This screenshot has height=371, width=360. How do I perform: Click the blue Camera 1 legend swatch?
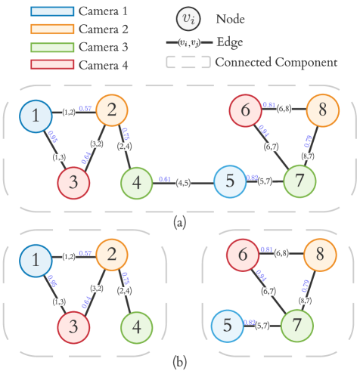click(52, 13)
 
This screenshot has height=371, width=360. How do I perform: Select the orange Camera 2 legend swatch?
click(52, 29)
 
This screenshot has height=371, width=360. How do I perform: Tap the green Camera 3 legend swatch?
click(52, 47)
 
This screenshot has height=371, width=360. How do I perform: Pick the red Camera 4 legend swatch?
click(52, 64)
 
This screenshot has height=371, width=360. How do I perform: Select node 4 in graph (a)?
click(135, 182)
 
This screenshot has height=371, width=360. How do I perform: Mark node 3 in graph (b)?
click(74, 326)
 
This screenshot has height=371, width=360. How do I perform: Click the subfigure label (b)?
click(179, 363)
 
